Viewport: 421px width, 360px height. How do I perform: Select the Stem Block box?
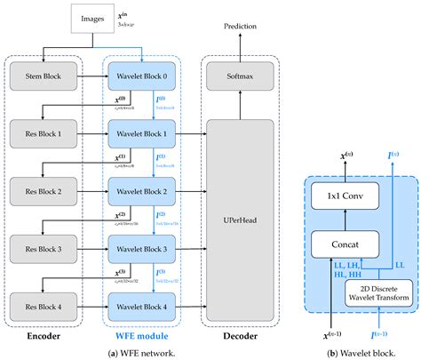(x=44, y=77)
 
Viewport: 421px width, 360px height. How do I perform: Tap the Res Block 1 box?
(x=44, y=134)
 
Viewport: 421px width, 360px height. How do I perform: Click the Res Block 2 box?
(x=44, y=191)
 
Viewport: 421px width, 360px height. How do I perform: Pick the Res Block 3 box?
(x=44, y=248)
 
